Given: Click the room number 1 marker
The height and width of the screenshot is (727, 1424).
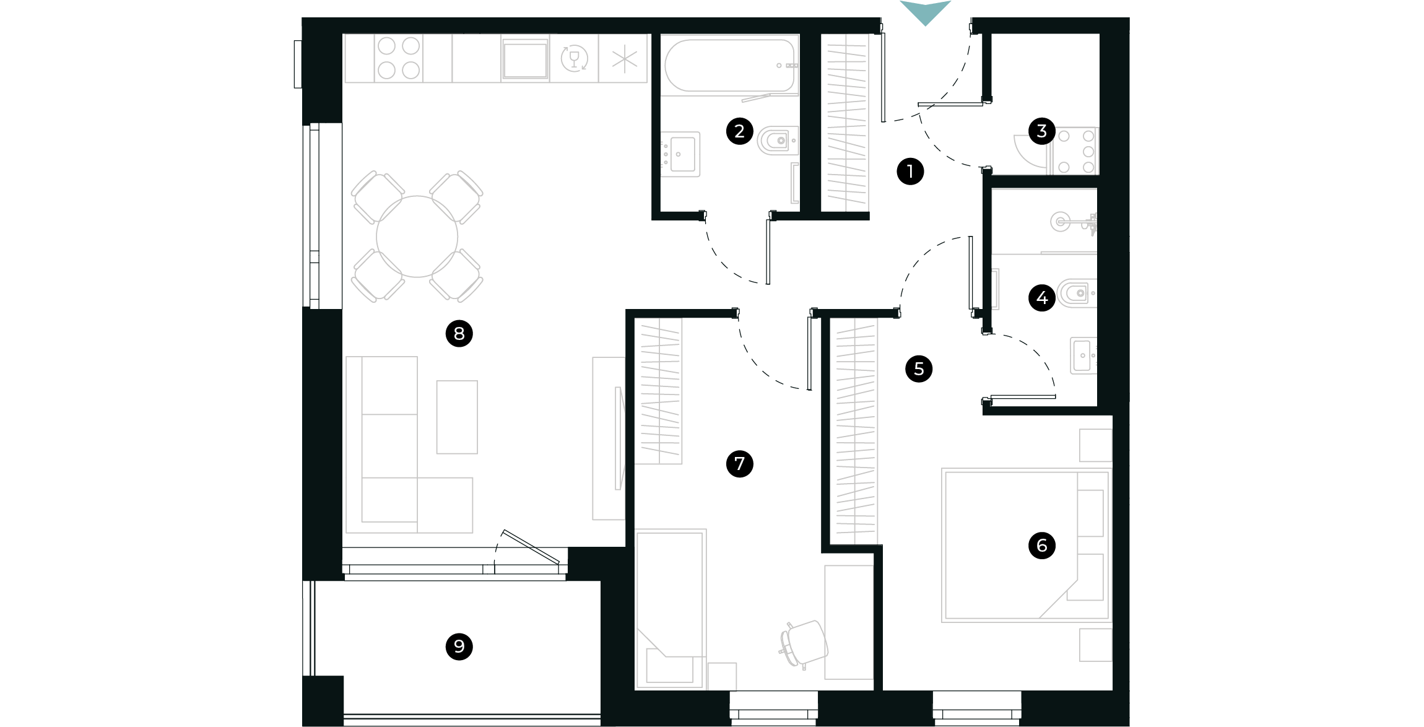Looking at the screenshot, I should point(910,172).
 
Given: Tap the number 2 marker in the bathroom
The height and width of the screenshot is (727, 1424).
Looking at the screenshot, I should point(739,131).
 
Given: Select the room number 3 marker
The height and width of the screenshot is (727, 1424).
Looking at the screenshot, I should point(1041,131).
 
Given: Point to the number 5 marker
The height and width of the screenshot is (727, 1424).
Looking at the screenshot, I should point(918,369).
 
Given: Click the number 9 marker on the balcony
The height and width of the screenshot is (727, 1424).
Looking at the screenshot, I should point(459,646).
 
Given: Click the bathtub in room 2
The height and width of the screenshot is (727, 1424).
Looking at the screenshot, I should point(729,65).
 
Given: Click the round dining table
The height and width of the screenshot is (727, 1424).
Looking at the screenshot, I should point(417,237).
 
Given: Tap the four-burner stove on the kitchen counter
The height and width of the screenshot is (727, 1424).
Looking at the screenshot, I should point(399,58).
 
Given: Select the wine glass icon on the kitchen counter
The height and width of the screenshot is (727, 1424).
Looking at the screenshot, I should point(574,59).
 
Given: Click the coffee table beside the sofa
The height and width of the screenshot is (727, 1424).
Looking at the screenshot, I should point(457,417).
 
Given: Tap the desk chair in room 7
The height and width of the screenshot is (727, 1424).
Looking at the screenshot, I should point(804,644).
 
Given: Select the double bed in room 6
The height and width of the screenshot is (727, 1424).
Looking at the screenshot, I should point(1027,545).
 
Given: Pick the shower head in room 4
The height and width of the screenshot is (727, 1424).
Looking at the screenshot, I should point(1061,221).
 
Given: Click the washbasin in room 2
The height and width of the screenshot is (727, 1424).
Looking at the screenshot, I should point(682,154).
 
